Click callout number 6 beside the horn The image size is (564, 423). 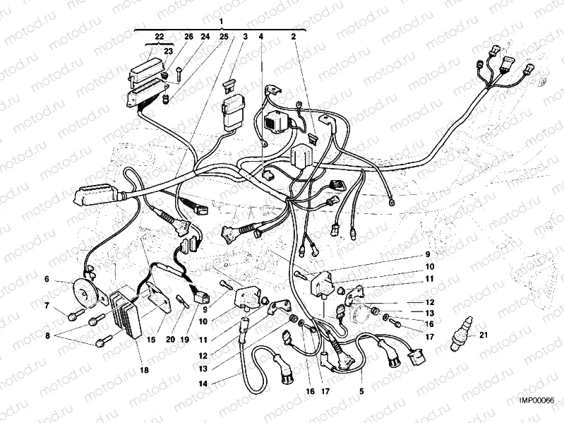pyautogui.click(x=47, y=279)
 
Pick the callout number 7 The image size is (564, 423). pyautogui.click(x=47, y=306)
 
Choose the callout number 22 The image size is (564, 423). pyautogui.click(x=159, y=36)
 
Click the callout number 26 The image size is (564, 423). pyautogui.click(x=188, y=36)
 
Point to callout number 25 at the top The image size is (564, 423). pyautogui.click(x=224, y=36)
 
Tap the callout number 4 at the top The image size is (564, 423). pyautogui.click(x=261, y=36)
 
